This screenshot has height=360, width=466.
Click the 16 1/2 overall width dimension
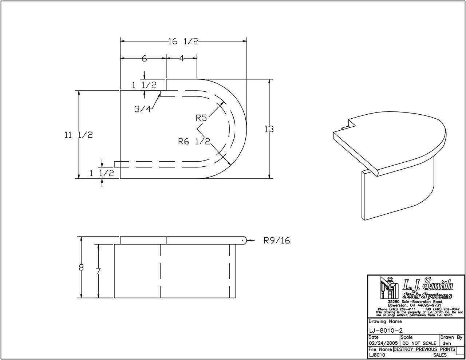[183, 41]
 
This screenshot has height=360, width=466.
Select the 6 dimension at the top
[144, 58]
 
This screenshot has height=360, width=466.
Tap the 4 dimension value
[181, 58]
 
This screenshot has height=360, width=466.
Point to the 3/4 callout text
[142, 108]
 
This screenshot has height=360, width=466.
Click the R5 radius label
[201, 118]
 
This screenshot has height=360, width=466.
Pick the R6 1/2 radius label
[194, 142]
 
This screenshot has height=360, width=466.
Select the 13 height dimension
[269, 129]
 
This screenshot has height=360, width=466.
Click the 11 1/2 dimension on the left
[79, 135]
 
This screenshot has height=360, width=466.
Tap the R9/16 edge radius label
[277, 241]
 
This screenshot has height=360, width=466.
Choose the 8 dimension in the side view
[81, 268]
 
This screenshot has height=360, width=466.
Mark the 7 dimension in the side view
[98, 271]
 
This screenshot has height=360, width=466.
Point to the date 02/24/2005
[383, 343]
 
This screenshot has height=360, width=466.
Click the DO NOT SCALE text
[419, 343]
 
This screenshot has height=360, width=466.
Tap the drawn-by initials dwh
[447, 343]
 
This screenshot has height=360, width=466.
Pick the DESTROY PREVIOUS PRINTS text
[424, 349]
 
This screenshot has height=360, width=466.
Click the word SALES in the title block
[440, 354]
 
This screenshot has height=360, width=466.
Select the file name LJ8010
[377, 354]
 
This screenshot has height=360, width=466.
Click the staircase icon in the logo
[386, 287]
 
